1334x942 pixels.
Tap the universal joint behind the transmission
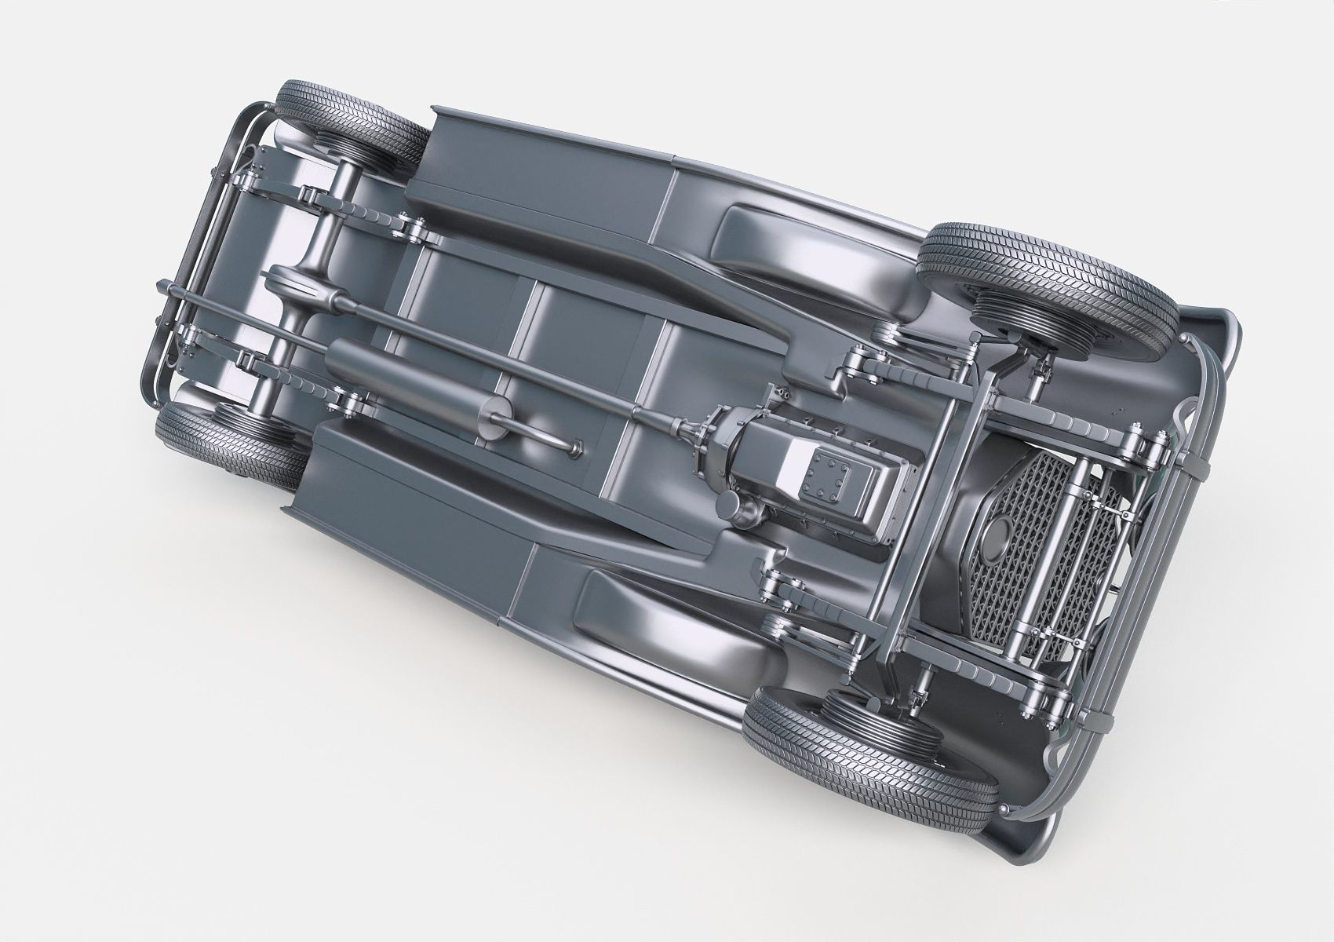pyautogui.click(x=691, y=429)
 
